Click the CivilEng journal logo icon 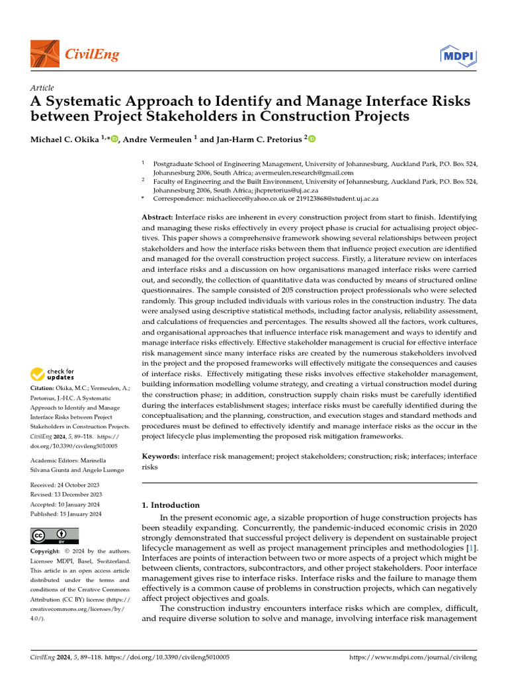click(x=45, y=54)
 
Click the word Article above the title click(x=42, y=88)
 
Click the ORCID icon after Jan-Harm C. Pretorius click(x=312, y=139)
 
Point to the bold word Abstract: click(x=158, y=218)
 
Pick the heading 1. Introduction click(x=171, y=505)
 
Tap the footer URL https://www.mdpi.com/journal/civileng click(x=413, y=658)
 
